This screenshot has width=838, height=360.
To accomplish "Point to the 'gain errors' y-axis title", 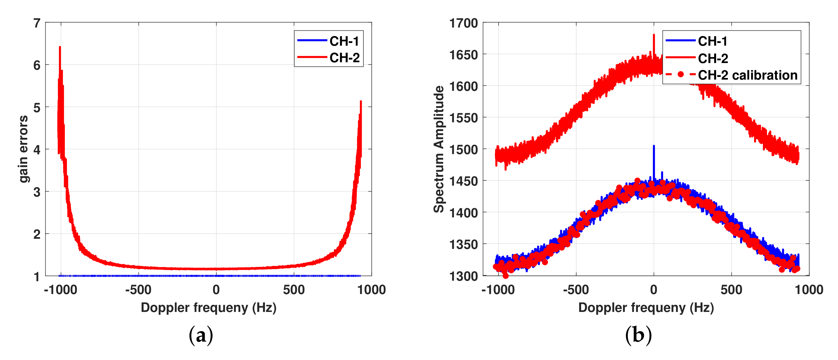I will click(x=23, y=149).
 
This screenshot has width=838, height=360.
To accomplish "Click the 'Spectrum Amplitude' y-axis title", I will click(x=439, y=149).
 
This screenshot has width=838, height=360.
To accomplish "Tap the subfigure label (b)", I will click(x=638, y=335).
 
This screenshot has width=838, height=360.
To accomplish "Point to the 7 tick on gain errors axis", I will click(x=37, y=23).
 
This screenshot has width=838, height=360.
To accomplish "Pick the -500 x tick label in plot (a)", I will click(x=138, y=290).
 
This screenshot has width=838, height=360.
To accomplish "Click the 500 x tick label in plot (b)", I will click(x=731, y=290).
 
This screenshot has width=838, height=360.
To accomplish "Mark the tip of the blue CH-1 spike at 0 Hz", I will click(x=654, y=146).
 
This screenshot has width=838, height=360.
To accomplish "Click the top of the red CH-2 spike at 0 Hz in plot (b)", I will click(x=654, y=35).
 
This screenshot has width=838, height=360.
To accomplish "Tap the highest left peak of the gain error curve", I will click(x=60, y=47).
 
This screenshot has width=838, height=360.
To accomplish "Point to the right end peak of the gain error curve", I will click(x=361, y=101).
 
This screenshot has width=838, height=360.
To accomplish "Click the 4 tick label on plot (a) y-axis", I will click(x=37, y=150).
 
